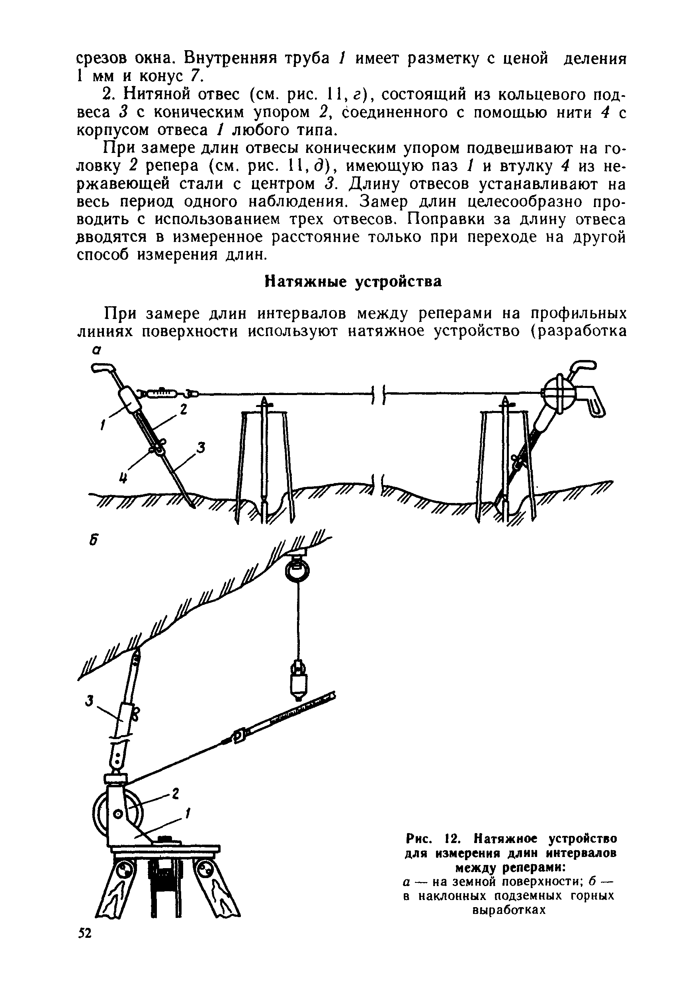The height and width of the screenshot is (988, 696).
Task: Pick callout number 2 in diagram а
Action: click(x=183, y=410)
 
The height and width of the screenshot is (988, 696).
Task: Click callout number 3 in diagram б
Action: click(x=89, y=701)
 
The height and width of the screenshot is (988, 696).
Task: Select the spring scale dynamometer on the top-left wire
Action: click(x=159, y=392)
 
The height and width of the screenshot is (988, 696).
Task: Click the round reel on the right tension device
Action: click(x=557, y=393)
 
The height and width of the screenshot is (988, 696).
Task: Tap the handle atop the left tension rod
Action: click(x=103, y=367)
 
